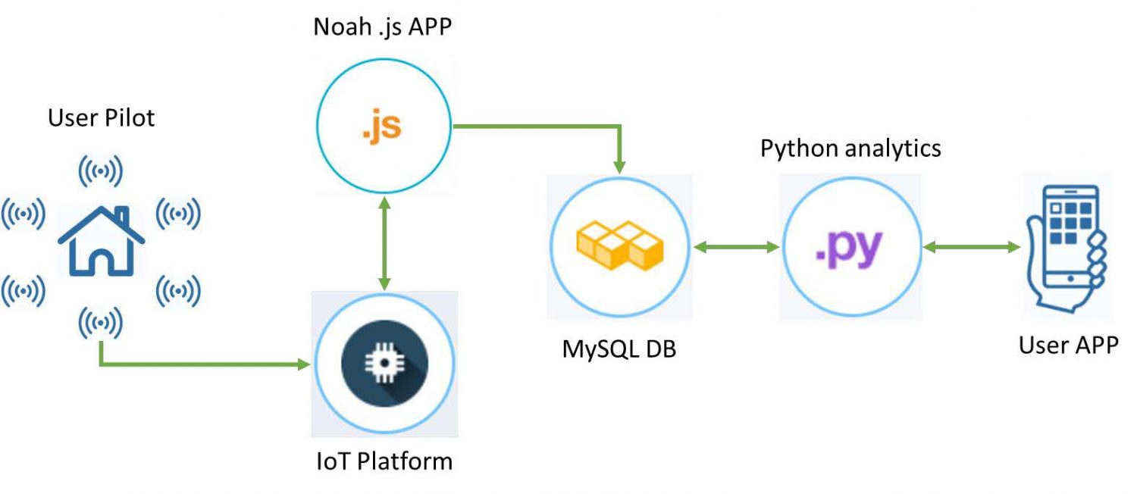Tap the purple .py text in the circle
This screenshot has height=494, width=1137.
pos(849,248)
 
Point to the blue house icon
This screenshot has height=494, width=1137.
pos(101,241)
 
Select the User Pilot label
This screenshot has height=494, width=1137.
pos(101,117)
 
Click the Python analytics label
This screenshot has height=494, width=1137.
pos(850,148)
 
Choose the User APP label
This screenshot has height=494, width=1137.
pos(1067,345)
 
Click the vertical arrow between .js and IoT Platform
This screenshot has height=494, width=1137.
pos(384,242)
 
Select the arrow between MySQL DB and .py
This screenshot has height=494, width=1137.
pos(737,247)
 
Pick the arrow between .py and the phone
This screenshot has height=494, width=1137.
pos(970,247)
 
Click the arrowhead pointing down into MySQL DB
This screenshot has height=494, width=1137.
pos(620,166)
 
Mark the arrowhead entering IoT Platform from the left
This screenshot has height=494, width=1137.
pos(304,364)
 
